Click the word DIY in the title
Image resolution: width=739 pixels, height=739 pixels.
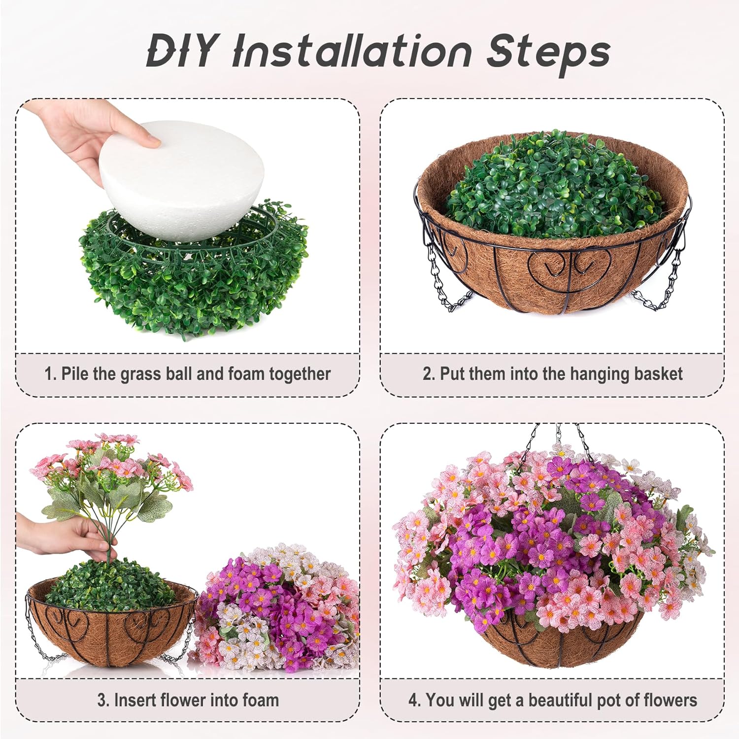[x=181, y=51]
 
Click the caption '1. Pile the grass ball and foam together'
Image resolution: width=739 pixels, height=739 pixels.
[x=187, y=374]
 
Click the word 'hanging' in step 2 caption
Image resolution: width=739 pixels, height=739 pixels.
[x=586, y=374]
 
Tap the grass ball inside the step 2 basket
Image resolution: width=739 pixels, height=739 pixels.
[x=552, y=187]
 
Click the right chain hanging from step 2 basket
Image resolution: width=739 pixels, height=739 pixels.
[x=660, y=286]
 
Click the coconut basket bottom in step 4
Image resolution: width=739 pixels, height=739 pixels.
[x=562, y=640]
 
